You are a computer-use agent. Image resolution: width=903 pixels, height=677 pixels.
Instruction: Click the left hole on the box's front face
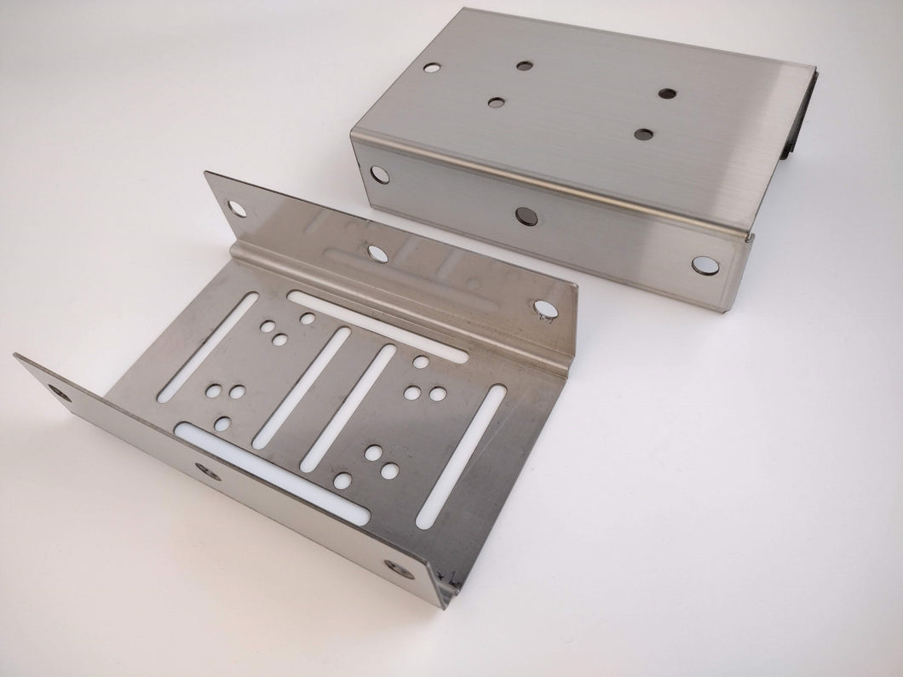coord(377,175)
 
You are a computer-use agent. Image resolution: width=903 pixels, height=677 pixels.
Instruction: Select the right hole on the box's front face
coord(703,265)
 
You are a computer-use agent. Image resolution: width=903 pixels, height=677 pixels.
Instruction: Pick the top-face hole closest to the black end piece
coord(668,92)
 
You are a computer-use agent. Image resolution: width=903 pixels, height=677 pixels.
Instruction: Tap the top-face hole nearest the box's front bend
coord(644,134)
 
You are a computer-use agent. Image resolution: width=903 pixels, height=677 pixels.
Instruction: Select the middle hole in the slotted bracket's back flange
coord(374,252)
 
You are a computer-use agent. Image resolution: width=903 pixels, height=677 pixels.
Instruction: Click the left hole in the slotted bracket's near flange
coord(57,393)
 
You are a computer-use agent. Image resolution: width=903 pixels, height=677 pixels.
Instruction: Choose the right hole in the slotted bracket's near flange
coord(394,567)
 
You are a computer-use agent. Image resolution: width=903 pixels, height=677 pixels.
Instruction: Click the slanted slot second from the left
coord(302,387)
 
